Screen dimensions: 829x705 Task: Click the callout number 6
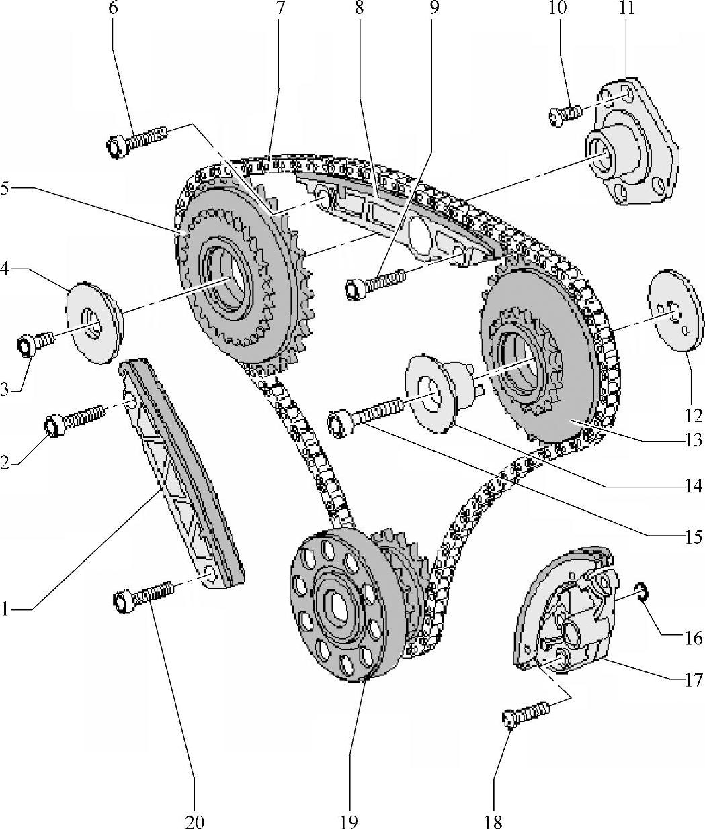pos(112,9)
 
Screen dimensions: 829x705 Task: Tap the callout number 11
pos(628,9)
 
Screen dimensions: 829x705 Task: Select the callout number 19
pos(349,820)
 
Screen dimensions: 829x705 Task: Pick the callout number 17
pos(694,681)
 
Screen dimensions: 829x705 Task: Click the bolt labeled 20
pos(144,595)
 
